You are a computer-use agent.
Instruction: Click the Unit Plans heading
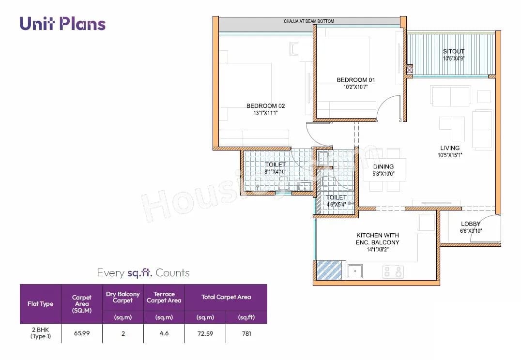[62, 24]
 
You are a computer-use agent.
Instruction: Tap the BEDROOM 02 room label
[265, 106]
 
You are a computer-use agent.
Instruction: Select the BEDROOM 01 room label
[356, 80]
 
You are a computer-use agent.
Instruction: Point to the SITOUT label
[454, 51]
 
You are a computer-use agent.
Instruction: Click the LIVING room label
[450, 148]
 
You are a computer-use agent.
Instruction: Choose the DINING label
[383, 167]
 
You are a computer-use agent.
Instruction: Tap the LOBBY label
[470, 224]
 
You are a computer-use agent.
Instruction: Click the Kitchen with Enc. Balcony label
[378, 239]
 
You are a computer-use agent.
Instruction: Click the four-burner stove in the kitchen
[393, 271]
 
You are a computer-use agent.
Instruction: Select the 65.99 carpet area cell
[82, 333]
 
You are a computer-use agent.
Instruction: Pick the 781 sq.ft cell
[246, 333]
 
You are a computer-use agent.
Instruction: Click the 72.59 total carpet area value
[205, 333]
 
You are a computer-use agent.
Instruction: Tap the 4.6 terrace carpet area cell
[164, 333]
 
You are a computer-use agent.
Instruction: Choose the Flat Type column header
[41, 304]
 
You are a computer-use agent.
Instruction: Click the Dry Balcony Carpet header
[123, 297]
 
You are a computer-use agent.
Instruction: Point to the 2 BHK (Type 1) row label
[41, 333]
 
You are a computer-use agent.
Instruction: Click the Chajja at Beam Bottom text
[308, 21]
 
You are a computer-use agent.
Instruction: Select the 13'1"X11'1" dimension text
[265, 113]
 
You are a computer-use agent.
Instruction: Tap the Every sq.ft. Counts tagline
[143, 273]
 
